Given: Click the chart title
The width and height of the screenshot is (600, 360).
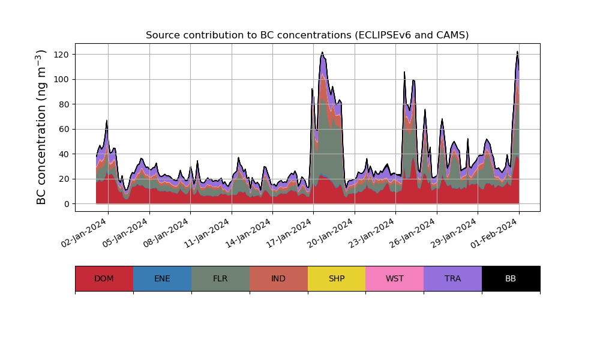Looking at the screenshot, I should [307, 35].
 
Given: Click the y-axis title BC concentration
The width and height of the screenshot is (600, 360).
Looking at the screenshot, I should [41, 127].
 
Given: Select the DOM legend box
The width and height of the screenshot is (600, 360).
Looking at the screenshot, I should [104, 278].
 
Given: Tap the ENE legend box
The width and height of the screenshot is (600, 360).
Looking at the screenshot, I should [162, 278].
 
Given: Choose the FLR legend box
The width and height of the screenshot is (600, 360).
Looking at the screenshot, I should [220, 278].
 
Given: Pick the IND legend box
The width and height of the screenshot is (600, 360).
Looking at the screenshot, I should [278, 278].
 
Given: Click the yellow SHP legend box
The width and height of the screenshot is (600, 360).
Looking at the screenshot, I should [337, 278].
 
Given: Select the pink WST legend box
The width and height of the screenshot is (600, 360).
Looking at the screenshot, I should [395, 278].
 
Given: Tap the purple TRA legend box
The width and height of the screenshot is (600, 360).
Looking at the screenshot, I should [453, 278].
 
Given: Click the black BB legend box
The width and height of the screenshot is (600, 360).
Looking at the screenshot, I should [511, 278].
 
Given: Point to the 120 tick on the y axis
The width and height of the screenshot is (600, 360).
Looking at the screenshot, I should [61, 55].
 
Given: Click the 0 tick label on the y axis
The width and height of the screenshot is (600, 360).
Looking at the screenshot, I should [66, 204].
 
